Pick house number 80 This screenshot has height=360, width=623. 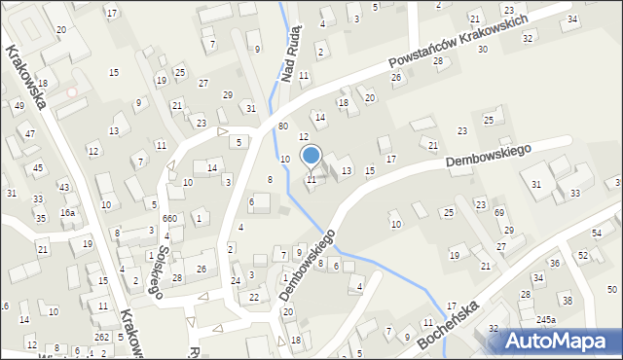pyautogui.click(x=282, y=126)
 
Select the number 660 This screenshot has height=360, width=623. pyautogui.click(x=169, y=219)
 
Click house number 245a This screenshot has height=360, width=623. pyautogui.click(x=545, y=319)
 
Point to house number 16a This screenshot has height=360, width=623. pyautogui.click(x=67, y=212)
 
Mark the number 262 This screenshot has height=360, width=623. pyautogui.click(x=101, y=337)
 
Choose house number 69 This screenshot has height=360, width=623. pyautogui.click(x=498, y=212)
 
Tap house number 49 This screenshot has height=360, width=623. pyautogui.click(x=18, y=105)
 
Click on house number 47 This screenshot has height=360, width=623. pyautogui.click(x=30, y=133)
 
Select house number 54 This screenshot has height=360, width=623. pyautogui.click(x=597, y=234)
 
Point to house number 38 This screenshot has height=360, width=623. pyautogui.click(x=567, y=300)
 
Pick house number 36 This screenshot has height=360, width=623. pyautogui.click(x=554, y=264)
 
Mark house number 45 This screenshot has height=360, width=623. pyautogui.click(x=38, y=167)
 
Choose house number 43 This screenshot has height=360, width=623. pyautogui.click(x=63, y=187)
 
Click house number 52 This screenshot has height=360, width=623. pyautogui.click(x=583, y=255)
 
